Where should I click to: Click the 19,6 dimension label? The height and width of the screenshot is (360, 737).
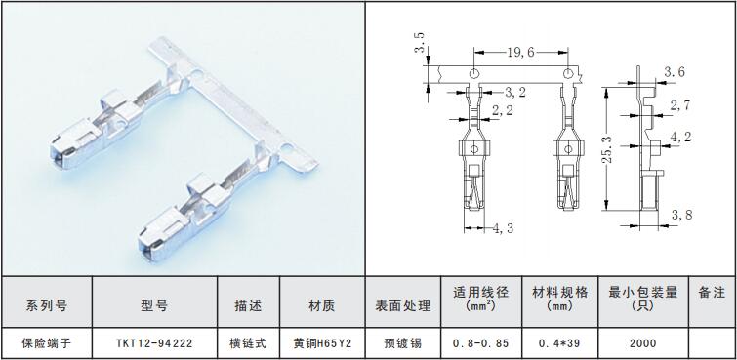(520, 52)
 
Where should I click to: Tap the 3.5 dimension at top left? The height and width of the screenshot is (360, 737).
(420, 42)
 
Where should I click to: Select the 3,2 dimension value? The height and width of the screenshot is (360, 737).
(515, 92)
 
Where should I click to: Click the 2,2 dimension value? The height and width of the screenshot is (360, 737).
(502, 111)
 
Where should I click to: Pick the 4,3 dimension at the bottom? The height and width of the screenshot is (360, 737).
(503, 228)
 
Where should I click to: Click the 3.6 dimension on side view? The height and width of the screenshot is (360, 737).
(674, 72)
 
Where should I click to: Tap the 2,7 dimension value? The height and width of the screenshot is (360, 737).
(680, 105)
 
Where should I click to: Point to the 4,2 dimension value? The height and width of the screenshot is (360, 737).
(681, 137)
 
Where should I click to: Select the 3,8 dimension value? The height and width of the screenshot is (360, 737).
(681, 215)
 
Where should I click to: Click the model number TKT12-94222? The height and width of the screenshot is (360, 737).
(154, 343)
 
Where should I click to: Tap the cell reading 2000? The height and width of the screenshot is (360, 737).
(642, 343)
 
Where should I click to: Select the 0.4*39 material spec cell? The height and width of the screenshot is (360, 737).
(559, 343)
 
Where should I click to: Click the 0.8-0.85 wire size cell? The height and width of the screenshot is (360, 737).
(481, 343)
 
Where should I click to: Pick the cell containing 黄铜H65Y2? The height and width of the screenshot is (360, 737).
(322, 343)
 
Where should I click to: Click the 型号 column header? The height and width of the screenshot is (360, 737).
(154, 306)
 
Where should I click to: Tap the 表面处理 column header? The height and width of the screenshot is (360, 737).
(402, 306)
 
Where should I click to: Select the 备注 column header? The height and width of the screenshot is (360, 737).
(712, 293)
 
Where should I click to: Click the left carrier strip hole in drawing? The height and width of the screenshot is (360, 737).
(474, 73)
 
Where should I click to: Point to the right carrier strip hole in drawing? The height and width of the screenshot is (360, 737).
(568, 73)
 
